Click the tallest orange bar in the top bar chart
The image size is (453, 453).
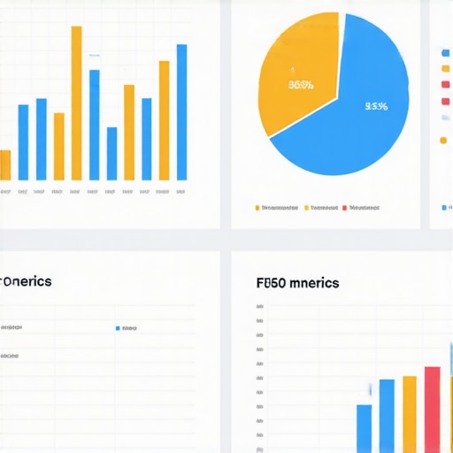(76, 103)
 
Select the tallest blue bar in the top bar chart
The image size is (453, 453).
(181, 112)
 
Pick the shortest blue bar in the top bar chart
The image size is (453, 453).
(111, 153)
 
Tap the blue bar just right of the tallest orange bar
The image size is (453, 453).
(94, 125)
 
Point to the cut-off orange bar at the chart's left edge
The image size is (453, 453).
(5, 165)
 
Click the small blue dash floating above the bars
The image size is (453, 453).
(94, 55)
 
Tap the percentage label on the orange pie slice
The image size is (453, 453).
(301, 86)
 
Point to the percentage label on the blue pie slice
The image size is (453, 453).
(376, 107)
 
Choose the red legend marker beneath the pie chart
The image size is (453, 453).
(345, 208)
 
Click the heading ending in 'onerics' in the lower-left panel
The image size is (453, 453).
(26, 281)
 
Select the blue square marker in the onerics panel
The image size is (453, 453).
(118, 328)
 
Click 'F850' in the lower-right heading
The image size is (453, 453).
(270, 283)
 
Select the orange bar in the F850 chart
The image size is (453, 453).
(409, 413)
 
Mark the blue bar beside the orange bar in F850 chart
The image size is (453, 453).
(387, 415)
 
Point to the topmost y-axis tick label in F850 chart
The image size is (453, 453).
(259, 308)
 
